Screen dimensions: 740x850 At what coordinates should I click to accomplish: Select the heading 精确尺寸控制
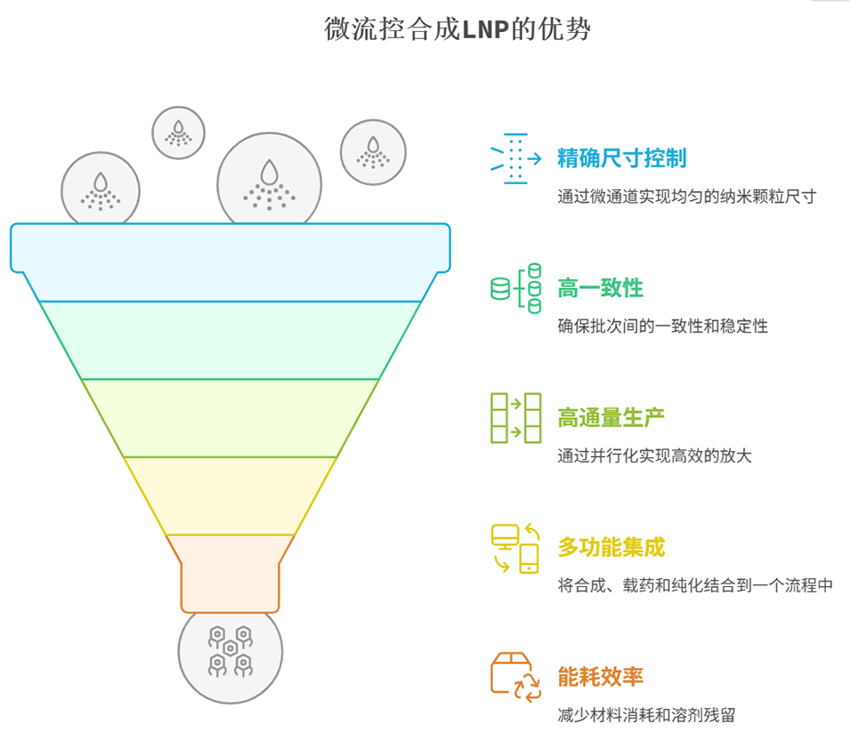[x=621, y=159]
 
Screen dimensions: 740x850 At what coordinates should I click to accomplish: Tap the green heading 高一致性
[x=600, y=288]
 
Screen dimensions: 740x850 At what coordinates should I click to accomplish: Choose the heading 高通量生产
[x=611, y=417]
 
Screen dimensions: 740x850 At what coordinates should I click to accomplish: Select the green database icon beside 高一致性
[x=516, y=288]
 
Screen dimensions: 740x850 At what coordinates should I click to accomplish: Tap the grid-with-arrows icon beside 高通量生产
[x=516, y=417]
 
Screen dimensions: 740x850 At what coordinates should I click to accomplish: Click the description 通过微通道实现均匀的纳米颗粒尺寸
[x=686, y=197]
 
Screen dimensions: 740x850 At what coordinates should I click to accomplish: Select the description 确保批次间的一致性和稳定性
[x=662, y=326]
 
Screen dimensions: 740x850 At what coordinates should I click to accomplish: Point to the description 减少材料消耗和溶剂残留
[x=646, y=714]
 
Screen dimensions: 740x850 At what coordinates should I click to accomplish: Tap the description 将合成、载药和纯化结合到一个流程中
[x=695, y=585]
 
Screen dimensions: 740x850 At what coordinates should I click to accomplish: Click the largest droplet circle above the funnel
[x=269, y=181]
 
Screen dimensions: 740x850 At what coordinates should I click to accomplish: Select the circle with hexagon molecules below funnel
[x=231, y=654]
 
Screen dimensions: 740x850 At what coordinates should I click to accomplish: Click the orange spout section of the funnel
[x=231, y=574]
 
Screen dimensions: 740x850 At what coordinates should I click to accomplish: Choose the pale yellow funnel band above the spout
[x=231, y=495]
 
